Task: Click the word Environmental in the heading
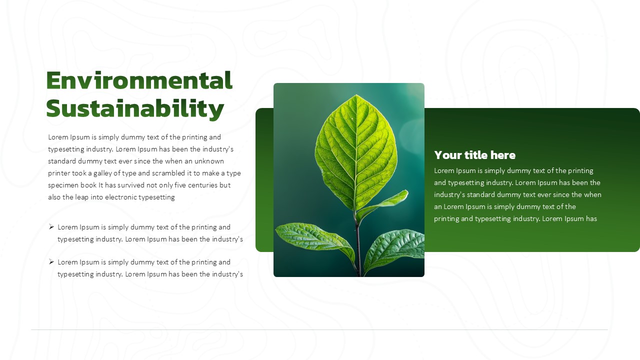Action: pyautogui.click(x=139, y=80)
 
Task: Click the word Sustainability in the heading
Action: pyautogui.click(x=135, y=109)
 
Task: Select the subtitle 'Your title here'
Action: pyautogui.click(x=475, y=155)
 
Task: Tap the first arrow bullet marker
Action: pyautogui.click(x=51, y=227)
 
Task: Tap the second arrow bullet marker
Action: pyautogui.click(x=51, y=261)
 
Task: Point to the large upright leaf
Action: pyautogui.click(x=356, y=151)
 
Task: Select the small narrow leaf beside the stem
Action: pyautogui.click(x=383, y=205)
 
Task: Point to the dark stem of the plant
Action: pyautogui.click(x=357, y=245)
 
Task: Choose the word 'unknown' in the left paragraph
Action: pyautogui.click(x=209, y=161)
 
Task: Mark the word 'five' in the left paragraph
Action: pyautogui.click(x=180, y=185)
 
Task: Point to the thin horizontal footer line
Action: pyautogui.click(x=319, y=329)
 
